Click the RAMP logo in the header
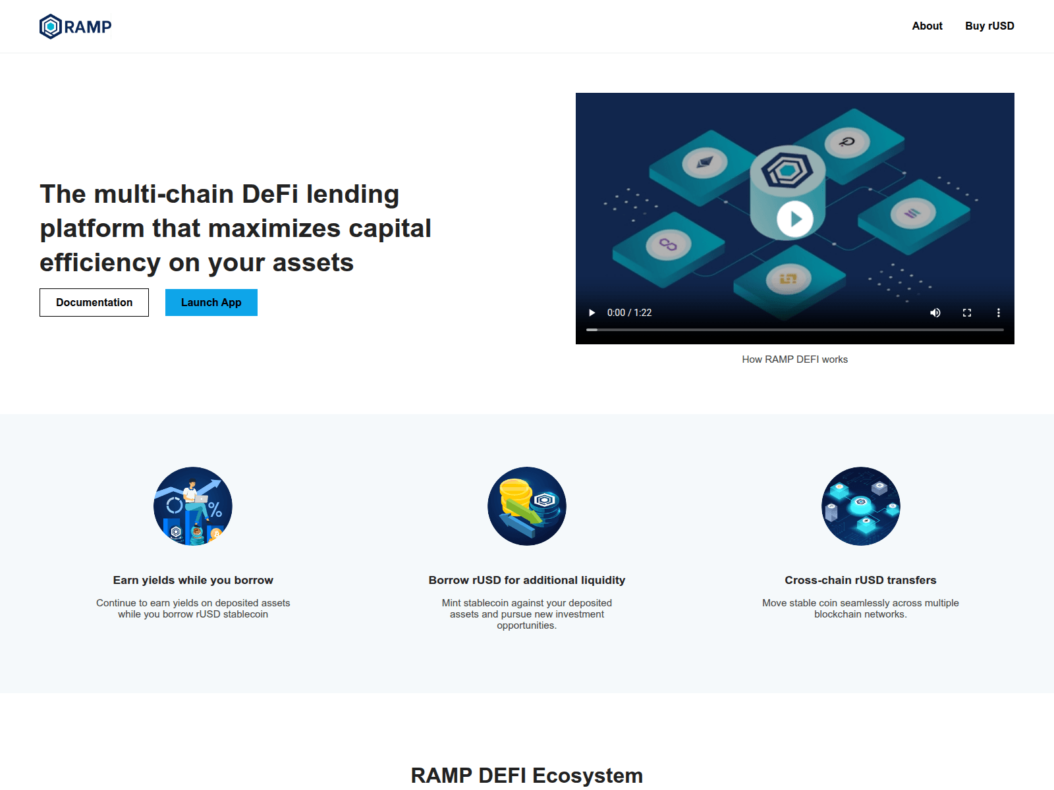click(x=75, y=26)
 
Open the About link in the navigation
click(x=927, y=26)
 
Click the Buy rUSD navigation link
click(x=989, y=26)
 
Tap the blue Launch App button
click(x=211, y=303)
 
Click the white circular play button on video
click(x=794, y=219)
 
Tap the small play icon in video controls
click(x=592, y=313)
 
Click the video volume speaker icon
click(x=935, y=313)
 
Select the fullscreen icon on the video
click(x=966, y=313)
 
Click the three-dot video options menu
click(x=998, y=313)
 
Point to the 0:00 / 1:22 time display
click(x=629, y=313)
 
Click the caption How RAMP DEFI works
click(x=794, y=359)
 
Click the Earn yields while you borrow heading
click(x=193, y=581)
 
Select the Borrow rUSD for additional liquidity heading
click(x=526, y=581)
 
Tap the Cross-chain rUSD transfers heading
click(x=860, y=581)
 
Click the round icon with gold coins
click(x=526, y=506)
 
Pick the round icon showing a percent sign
click(x=193, y=506)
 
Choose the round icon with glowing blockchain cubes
click(x=860, y=506)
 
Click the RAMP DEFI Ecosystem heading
click(x=526, y=776)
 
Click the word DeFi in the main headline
click(x=270, y=194)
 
